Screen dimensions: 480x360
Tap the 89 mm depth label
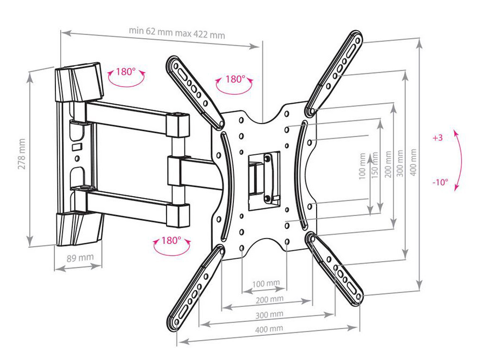tap(80, 258)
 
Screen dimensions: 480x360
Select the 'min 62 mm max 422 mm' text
tap(177, 32)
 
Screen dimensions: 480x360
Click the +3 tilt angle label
tap(438, 138)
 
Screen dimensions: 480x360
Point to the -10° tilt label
tap(440, 182)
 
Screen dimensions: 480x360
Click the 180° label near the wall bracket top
tap(126, 72)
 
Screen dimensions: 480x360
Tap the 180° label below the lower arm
tap(171, 240)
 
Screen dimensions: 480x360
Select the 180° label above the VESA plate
tap(235, 80)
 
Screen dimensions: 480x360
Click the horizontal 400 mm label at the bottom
tap(269, 329)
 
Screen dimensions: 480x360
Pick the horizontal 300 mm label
tap(269, 314)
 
